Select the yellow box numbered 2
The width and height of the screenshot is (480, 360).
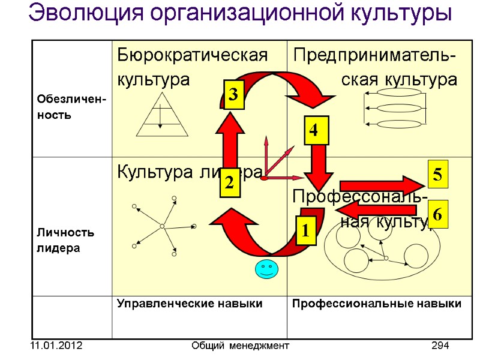coord(229,184)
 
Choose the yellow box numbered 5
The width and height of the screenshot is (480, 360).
coord(437,175)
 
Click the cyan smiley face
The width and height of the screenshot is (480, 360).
coord(266,269)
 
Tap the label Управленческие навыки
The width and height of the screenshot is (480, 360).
coord(190,304)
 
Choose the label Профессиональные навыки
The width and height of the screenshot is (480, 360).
coord(377,304)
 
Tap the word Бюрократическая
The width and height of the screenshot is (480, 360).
coord(191,56)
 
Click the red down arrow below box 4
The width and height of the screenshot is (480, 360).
coord(318,166)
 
